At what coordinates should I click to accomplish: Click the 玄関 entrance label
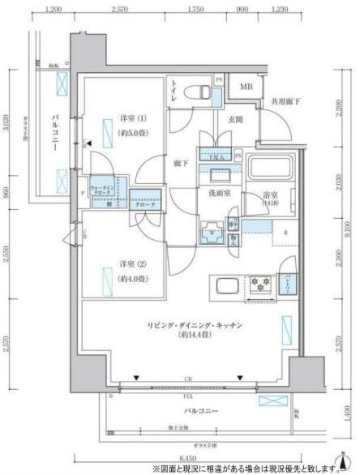click(x=224, y=120)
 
